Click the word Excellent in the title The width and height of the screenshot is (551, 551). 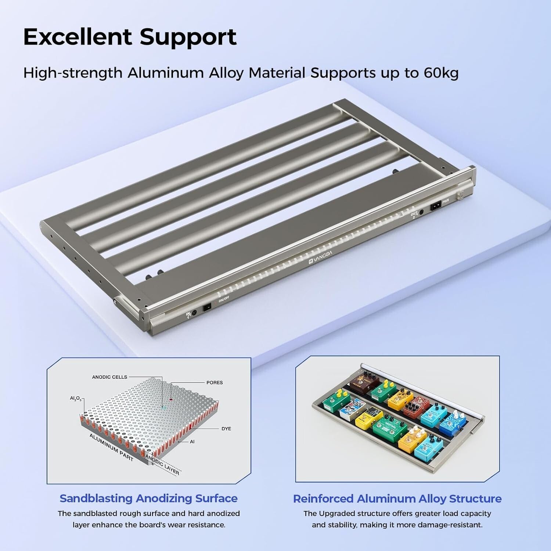[78, 37]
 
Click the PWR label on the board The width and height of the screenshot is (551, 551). [446, 201]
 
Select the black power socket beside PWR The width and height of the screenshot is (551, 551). [436, 206]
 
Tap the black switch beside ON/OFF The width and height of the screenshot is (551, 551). [207, 306]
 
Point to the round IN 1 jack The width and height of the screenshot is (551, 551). [194, 313]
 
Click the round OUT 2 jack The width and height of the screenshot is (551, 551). [421, 212]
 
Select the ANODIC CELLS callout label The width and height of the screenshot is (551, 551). [109, 377]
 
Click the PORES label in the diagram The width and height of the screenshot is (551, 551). [215, 383]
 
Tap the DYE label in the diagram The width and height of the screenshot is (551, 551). [226, 429]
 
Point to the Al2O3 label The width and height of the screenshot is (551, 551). [76, 399]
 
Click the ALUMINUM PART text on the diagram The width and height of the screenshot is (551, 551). [111, 447]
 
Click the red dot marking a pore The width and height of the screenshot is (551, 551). [171, 399]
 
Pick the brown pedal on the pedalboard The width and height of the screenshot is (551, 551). [364, 382]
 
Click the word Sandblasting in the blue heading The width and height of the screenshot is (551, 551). [96, 498]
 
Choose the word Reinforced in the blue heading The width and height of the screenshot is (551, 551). [323, 499]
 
